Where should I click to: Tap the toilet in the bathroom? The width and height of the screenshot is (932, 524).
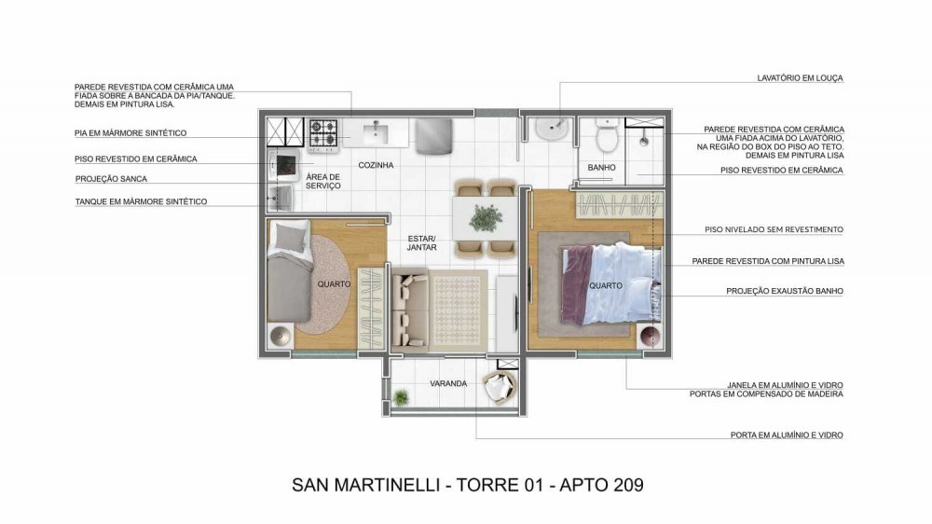608,135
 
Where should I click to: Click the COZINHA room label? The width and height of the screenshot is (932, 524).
376,165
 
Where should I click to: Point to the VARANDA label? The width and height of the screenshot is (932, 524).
448,383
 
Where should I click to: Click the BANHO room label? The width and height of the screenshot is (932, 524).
601,168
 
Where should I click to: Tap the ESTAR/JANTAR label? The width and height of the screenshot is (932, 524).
422,243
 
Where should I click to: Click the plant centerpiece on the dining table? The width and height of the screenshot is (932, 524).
486,217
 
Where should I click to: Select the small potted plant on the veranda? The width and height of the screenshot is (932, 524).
401,396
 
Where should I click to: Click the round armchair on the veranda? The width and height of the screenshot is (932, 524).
500,388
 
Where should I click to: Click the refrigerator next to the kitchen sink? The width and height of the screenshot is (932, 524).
433,137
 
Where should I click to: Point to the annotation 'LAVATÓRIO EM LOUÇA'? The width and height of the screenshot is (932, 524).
800,78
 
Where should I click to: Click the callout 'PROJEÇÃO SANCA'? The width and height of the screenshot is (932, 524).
111,179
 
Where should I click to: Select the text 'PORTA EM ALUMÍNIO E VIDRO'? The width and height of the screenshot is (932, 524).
787,435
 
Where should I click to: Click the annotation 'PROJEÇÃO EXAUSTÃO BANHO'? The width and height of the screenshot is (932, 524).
785,292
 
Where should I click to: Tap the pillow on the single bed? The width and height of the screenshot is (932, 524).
290,237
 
